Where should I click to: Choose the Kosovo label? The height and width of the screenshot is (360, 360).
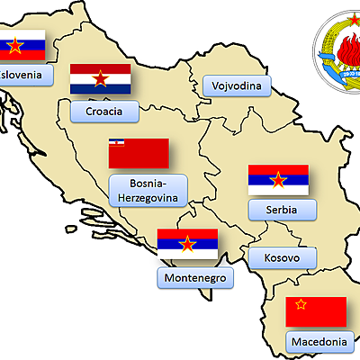point(282,258)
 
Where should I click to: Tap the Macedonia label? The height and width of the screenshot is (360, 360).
point(318,342)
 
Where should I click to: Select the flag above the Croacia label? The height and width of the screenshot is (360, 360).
point(102,79)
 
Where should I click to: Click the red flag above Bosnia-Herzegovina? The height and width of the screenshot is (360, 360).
point(139,153)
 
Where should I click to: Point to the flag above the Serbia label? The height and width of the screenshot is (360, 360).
point(278,181)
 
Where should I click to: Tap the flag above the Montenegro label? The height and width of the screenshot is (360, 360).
point(188,245)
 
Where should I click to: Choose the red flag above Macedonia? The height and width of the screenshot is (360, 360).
point(316,311)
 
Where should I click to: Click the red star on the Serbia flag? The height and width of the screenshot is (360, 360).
point(278,181)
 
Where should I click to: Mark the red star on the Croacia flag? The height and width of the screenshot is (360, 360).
point(102,79)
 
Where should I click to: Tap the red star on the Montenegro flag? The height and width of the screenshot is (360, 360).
point(188,245)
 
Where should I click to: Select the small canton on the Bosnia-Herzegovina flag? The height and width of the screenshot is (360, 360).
point(115,144)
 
